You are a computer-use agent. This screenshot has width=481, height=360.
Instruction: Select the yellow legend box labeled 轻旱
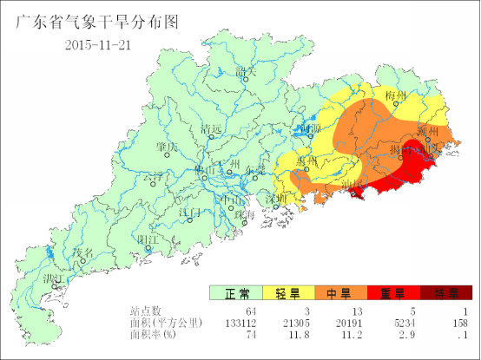click(288, 293)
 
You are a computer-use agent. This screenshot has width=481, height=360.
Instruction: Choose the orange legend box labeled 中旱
click(340, 293)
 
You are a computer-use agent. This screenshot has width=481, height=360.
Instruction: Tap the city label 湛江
click(52, 279)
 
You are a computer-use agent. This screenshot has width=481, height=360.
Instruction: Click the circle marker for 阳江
click(148, 249)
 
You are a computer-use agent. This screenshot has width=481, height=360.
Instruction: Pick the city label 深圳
click(276, 198)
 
